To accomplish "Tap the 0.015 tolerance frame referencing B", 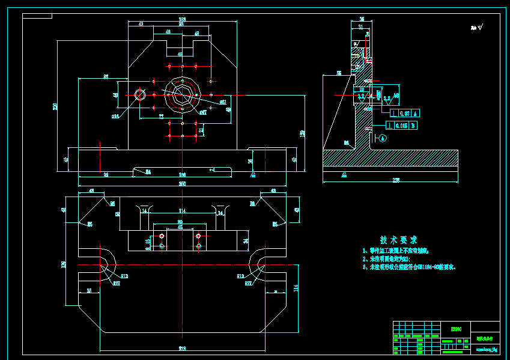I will pos(403,126).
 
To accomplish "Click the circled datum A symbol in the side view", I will pos(383,138).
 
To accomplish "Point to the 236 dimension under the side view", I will pos(395,180).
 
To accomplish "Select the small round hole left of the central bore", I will pos(140,94).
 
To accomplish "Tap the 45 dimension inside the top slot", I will pos(180,55).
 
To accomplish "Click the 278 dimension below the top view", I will pos(182,348).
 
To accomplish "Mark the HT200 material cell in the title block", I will pos(455,329).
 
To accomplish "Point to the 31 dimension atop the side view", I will pos(360,26).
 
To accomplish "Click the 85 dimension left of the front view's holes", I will pos(105,77).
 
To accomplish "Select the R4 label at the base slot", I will pos(148,171).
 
